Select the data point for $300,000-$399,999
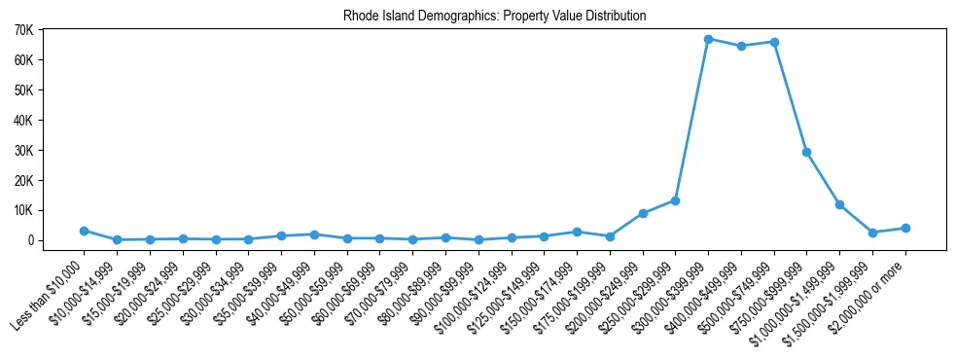(x=708, y=39)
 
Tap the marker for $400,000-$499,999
(x=741, y=46)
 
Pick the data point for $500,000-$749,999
(x=774, y=42)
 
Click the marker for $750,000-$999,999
(x=807, y=152)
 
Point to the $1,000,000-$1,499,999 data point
(x=839, y=204)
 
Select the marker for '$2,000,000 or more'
(x=905, y=228)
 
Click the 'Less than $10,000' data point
(x=84, y=231)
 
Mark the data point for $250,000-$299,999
(x=675, y=200)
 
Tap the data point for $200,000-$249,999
(x=642, y=213)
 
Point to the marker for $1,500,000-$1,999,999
(x=872, y=233)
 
